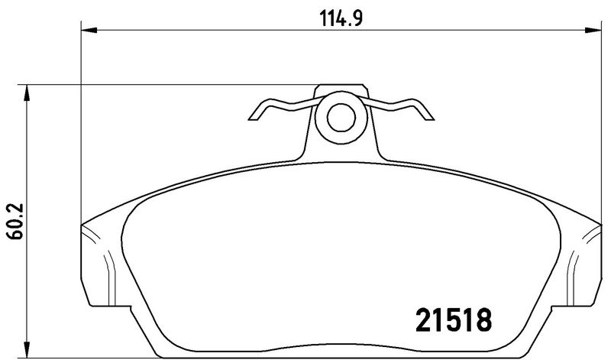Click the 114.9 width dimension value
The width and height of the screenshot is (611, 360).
[x=341, y=18]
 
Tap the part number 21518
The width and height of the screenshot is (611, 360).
[x=454, y=319]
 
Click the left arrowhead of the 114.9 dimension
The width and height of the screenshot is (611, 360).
[x=89, y=30]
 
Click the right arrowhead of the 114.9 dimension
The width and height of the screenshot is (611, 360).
[x=593, y=30]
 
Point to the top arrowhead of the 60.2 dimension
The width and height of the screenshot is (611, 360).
[x=27, y=92]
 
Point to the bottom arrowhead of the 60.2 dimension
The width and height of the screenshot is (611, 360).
[x=27, y=349]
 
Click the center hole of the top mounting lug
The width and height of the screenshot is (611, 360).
[x=341, y=118]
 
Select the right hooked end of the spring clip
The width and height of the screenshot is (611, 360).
[x=427, y=113]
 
